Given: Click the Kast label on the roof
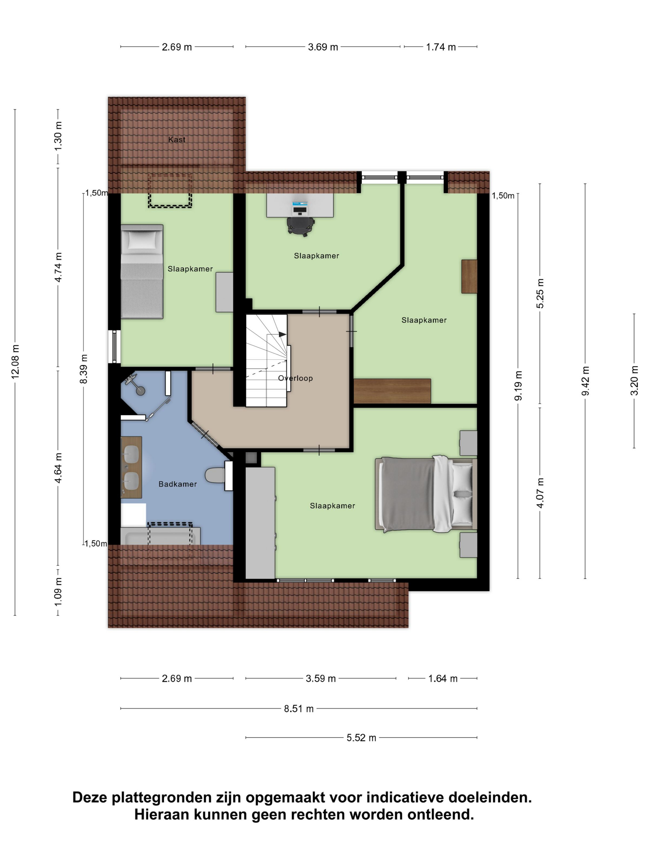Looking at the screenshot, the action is click(177, 139).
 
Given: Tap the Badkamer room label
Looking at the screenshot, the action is click(178, 484).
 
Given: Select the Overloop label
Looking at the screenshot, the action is click(295, 378).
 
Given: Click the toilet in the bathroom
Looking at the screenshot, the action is click(215, 475).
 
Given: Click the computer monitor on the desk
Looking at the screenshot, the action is click(300, 206).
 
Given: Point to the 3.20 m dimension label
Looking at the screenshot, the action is click(634, 380).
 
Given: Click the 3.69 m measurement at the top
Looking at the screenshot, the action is click(323, 47).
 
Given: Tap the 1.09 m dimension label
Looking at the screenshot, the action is click(58, 592).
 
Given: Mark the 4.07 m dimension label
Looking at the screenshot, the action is click(540, 493).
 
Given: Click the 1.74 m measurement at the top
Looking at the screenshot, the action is click(441, 47).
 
